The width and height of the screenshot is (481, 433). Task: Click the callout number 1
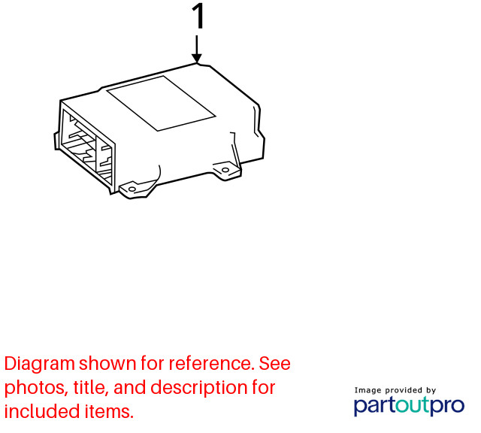click(x=198, y=16)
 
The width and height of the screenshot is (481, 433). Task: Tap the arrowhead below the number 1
click(x=197, y=58)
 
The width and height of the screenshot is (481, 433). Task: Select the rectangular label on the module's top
click(x=161, y=104)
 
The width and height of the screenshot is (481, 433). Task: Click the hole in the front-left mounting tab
click(x=132, y=189)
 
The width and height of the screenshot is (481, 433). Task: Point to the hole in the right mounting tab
click(x=225, y=170)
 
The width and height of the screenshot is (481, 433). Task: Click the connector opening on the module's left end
click(x=87, y=147)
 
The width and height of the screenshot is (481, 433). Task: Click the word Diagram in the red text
click(x=40, y=365)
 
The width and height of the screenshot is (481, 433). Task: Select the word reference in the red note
click(x=212, y=364)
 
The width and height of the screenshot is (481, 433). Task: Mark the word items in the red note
click(x=110, y=411)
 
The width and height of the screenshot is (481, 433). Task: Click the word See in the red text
click(x=274, y=364)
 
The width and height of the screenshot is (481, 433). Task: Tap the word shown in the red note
click(x=107, y=364)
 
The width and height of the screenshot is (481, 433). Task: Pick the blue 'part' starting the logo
click(x=374, y=406)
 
